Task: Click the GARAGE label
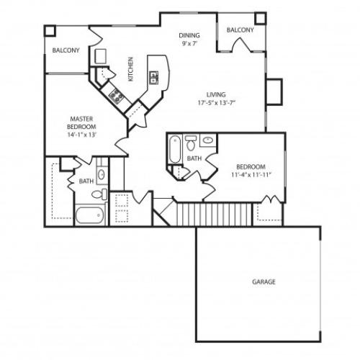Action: pyautogui.click(x=264, y=282)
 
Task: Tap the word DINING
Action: pyautogui.click(x=190, y=35)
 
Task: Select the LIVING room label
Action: pyautogui.click(x=216, y=94)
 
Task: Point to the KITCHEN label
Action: pyautogui.click(x=130, y=69)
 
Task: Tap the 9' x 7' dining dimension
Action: pyautogui.click(x=190, y=43)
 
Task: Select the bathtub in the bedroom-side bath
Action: pyautogui.click(x=174, y=149)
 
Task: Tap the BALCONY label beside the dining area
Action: pyautogui.click(x=240, y=30)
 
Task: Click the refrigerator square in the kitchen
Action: pyautogui.click(x=102, y=56)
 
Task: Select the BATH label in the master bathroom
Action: pyautogui.click(x=85, y=181)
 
